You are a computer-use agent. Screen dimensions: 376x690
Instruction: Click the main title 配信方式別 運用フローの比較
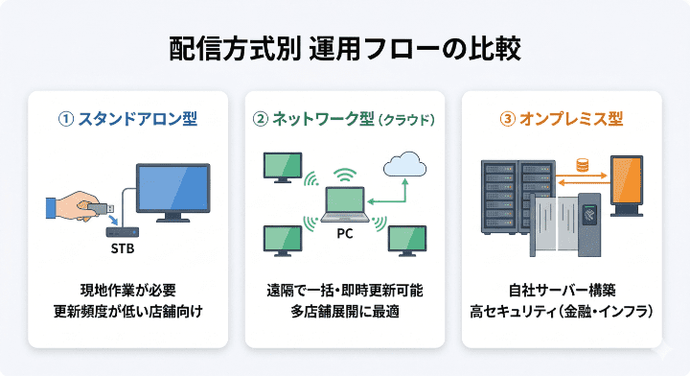tap(345, 49)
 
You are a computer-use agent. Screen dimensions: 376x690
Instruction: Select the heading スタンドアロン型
tap(137, 120)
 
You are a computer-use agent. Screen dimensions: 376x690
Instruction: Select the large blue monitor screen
tap(172, 188)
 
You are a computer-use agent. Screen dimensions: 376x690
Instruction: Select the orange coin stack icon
tap(580, 165)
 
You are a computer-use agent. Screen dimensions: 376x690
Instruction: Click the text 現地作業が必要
tap(127, 290)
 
